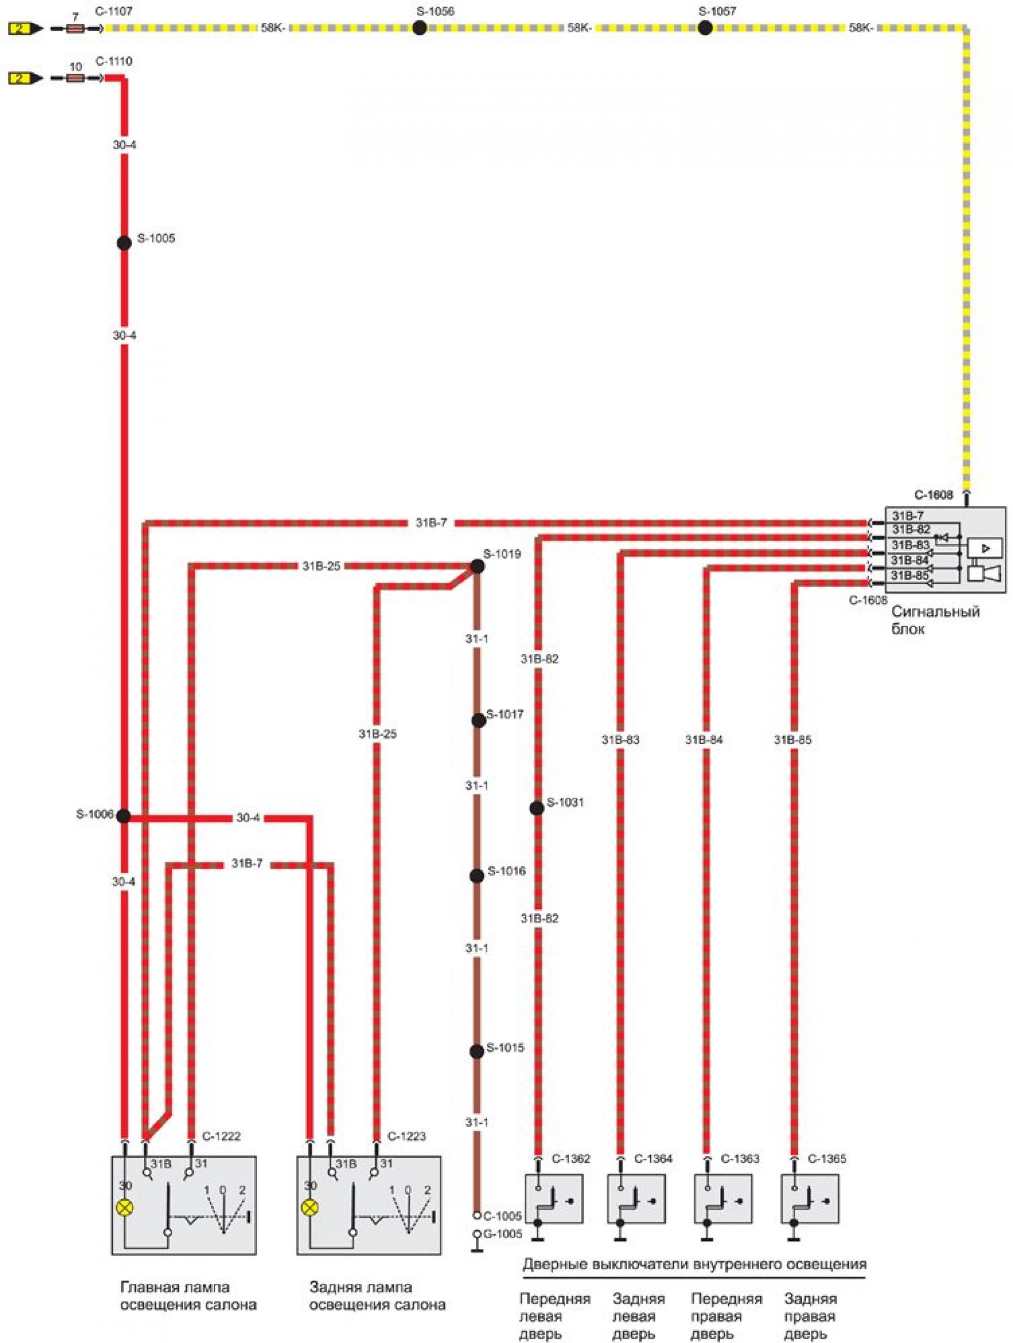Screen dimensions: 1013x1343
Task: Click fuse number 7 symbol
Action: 74,28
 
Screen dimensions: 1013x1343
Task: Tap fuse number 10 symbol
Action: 74,78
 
